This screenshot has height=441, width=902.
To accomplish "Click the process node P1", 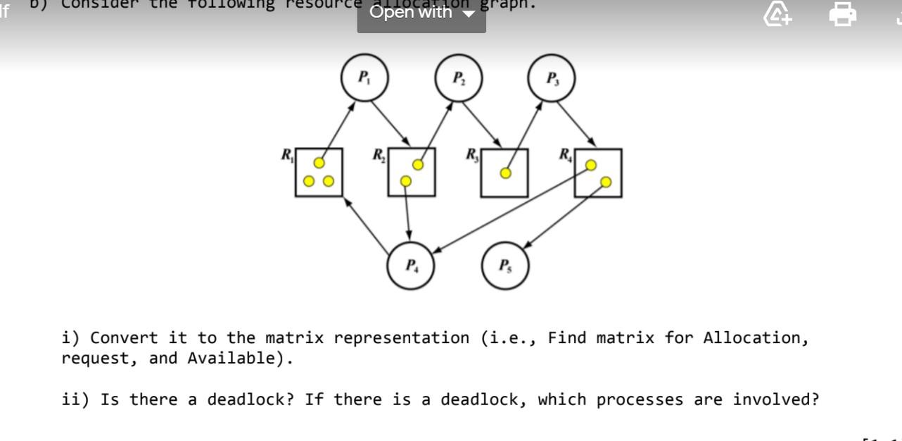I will [x=363, y=78].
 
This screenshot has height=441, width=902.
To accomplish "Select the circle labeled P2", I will [x=458, y=78].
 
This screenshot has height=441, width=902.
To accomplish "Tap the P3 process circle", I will [x=552, y=78].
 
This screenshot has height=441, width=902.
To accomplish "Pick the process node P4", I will [x=410, y=266].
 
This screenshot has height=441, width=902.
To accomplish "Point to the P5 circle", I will [x=504, y=266].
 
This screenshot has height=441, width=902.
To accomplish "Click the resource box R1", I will [x=319, y=172].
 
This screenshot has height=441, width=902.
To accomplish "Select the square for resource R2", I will [x=412, y=172].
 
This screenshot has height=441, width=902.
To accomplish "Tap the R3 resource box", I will [x=505, y=172].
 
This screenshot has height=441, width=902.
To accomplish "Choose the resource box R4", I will [x=598, y=172].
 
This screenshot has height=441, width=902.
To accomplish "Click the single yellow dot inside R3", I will [x=505, y=173].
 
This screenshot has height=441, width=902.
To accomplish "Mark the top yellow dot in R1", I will [x=319, y=163].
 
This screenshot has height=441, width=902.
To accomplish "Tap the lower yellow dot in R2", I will [x=405, y=181].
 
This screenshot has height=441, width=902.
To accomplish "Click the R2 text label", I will [x=379, y=154].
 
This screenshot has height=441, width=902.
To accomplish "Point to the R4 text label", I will [x=566, y=154].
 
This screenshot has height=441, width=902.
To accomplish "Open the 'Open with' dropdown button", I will [x=421, y=13].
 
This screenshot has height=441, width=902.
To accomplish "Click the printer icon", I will [x=842, y=13].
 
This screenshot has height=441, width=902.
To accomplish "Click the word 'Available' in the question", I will [x=231, y=359].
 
